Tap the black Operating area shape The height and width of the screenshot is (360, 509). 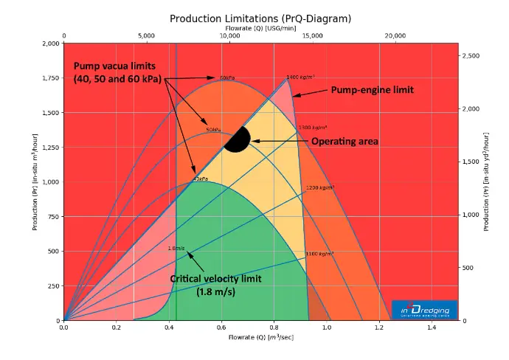coord(238,140)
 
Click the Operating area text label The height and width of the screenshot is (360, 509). coord(344,140)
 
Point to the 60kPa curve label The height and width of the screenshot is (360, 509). coord(227,77)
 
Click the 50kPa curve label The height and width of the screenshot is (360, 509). coord(213,130)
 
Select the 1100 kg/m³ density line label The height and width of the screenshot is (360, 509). coord(319,255)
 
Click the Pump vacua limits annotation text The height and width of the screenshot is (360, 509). coord(118,72)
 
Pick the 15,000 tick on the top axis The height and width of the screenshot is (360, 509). coord(313,35)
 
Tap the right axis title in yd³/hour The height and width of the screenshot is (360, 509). coord(487,181)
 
